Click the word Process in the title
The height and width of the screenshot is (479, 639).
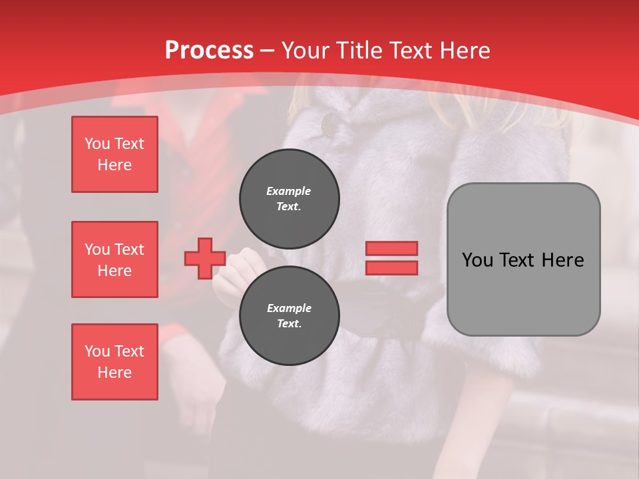click(209, 50)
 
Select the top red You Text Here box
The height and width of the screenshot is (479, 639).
click(114, 154)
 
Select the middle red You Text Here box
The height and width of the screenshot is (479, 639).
click(114, 259)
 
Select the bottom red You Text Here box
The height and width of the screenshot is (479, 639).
click(114, 362)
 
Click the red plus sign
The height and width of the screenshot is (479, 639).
click(205, 259)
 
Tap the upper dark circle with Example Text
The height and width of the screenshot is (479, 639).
click(289, 198)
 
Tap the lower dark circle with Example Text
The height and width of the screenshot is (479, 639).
click(289, 315)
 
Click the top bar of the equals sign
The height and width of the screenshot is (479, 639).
click(391, 248)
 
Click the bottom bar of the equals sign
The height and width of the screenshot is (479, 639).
click(391, 267)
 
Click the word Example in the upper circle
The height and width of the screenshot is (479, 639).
click(289, 191)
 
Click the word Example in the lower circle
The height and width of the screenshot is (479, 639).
click(289, 308)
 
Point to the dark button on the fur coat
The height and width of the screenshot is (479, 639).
click(329, 123)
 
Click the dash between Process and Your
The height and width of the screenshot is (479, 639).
click(268, 51)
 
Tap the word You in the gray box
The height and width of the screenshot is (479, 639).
click(477, 260)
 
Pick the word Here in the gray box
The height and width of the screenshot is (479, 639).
click(562, 260)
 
